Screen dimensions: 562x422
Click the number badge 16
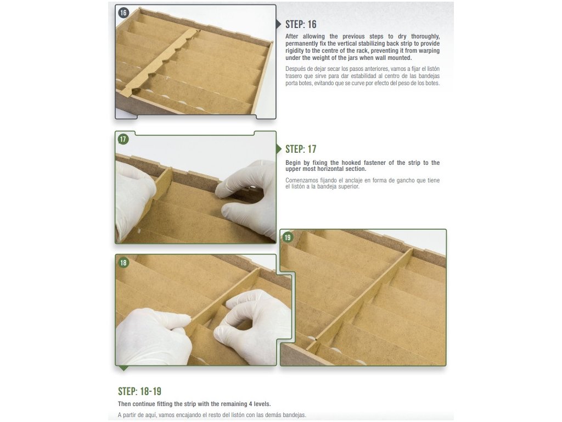(x=123, y=13)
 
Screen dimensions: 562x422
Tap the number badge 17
(x=123, y=139)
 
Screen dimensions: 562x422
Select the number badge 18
(x=123, y=263)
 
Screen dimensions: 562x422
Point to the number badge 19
(x=288, y=237)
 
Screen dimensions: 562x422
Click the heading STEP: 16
(x=301, y=24)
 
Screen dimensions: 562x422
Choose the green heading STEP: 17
(x=301, y=149)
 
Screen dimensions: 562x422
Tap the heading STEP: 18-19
(x=139, y=391)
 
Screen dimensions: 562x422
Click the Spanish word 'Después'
(x=295, y=69)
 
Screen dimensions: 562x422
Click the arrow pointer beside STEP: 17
(x=279, y=149)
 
